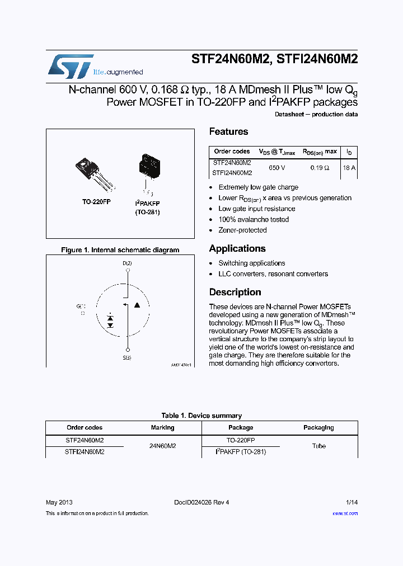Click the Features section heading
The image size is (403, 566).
coord(228,132)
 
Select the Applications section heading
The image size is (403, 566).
coord(237,249)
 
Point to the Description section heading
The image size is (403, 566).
coord(235,293)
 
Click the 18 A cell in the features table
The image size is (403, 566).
coord(349,168)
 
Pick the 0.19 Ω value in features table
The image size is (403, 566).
coord(320,168)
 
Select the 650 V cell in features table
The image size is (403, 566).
coord(277,168)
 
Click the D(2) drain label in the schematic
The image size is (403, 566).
coord(128,263)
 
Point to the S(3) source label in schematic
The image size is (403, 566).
coord(128,357)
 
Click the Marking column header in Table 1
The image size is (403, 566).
coord(162,428)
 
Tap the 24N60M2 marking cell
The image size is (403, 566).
coord(162,446)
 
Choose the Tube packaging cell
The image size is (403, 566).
coord(318,446)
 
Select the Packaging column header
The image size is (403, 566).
coord(318,428)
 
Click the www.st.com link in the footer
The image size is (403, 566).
coord(345,513)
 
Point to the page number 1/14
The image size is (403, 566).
coord(352,502)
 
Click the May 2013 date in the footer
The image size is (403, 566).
coord(59,502)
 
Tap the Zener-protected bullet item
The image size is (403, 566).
coord(242,230)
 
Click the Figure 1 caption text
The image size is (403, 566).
coord(120,250)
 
